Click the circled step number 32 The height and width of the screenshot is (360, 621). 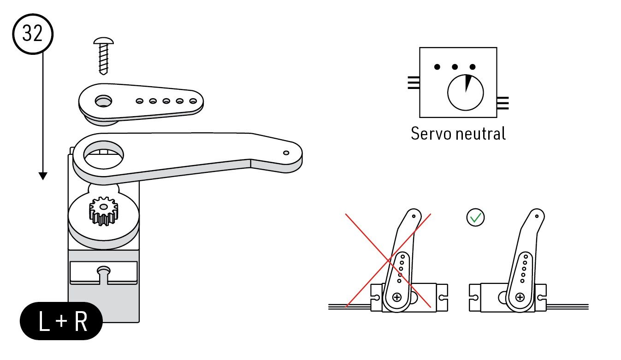point(33,34)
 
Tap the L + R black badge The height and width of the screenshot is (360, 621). point(61,321)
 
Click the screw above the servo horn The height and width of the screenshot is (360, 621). point(103,56)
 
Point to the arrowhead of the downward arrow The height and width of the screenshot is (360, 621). point(43,176)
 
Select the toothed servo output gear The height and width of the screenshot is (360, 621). point(103,211)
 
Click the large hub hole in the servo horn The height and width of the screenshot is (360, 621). point(103,101)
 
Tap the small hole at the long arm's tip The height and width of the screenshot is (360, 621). point(286,153)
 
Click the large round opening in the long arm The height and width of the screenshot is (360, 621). point(103,155)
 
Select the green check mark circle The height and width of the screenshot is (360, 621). point(475,218)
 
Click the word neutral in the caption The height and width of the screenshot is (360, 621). point(481,134)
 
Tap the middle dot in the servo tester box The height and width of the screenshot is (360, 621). point(455,67)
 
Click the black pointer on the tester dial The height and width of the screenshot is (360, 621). point(467,83)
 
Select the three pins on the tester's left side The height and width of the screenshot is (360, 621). point(414,83)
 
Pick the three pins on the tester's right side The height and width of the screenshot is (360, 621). point(503,103)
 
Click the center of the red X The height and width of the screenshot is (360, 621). point(388,260)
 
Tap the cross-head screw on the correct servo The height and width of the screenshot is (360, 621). point(520,298)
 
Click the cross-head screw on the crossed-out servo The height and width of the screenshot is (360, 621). point(397,298)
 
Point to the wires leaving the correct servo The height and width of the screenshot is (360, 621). point(568,307)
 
